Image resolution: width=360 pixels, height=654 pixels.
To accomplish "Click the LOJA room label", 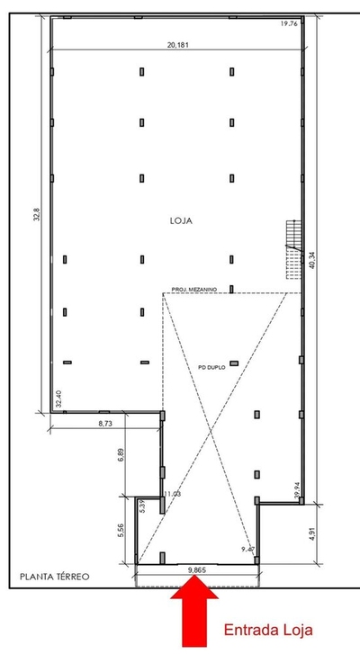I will pyautogui.click(x=181, y=219).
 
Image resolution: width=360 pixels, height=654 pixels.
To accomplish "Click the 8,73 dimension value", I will pyautogui.click(x=109, y=422).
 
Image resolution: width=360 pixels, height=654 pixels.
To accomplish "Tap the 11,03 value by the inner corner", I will pyautogui.click(x=173, y=494).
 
